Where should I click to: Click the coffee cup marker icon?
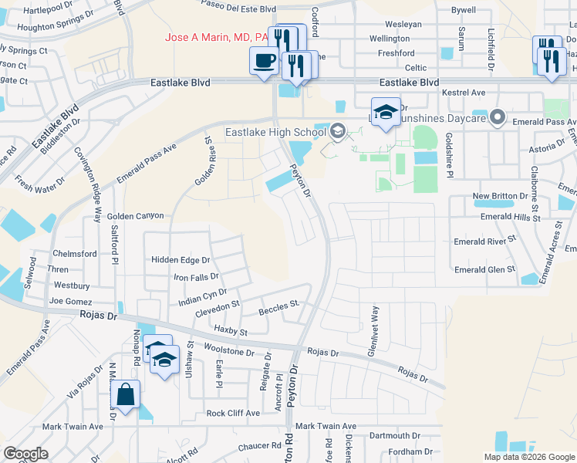coord(264,60)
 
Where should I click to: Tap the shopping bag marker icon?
coord(125,395)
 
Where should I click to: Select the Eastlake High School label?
coord(274,132)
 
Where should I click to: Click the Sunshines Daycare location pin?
coord(498,118)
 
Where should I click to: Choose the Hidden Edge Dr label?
coord(181,260)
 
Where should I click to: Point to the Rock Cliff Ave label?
coord(233,413)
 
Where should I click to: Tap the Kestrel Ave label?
coord(464,93)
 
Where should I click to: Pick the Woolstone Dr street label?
coord(229,352)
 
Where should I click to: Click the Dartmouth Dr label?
coord(394,436)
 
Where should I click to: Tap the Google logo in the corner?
coord(25,453)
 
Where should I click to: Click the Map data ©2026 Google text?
coord(528,457)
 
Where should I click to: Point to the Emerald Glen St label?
coord(484,269)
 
